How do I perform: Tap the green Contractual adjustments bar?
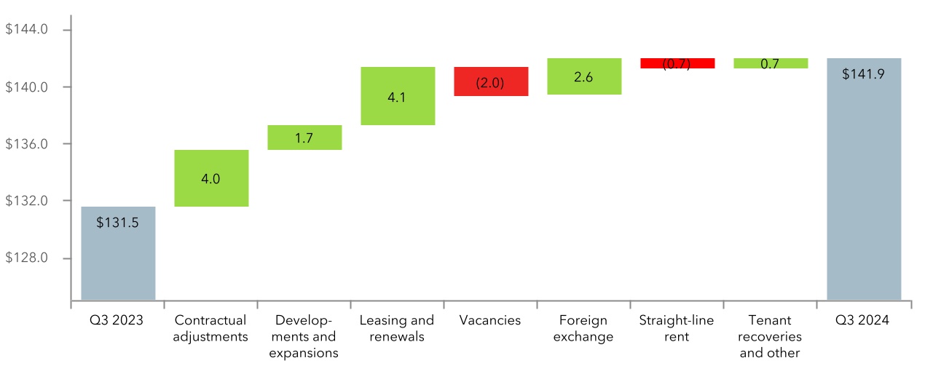tap(211, 178)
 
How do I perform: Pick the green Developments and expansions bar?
tap(304, 138)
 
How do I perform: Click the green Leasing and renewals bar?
tap(398, 96)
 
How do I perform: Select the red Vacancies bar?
tap(491, 81)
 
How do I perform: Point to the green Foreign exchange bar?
tap(584, 76)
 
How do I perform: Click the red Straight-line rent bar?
tap(677, 63)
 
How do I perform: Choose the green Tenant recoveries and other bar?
tap(771, 63)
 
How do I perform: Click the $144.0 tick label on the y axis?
tap(26, 30)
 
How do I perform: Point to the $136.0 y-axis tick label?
tap(26, 144)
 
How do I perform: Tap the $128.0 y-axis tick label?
tap(26, 258)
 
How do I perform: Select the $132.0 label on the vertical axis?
tap(26, 201)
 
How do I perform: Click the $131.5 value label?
tap(117, 223)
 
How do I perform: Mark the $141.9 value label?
tap(864, 74)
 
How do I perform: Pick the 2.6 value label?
tap(583, 76)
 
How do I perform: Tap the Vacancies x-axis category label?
tap(490, 320)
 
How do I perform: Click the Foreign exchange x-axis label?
tap(583, 328)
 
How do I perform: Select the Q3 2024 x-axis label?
tap(864, 320)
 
